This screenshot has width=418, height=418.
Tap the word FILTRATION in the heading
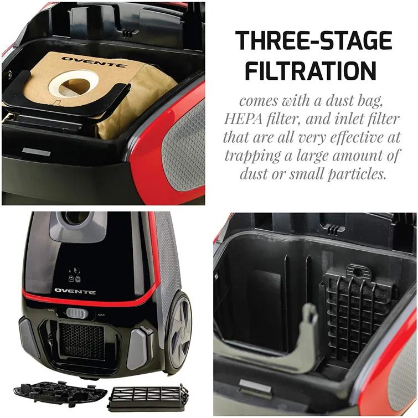point(310,71)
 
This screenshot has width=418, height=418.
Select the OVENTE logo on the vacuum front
point(75,291)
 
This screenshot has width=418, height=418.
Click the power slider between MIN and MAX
point(77,313)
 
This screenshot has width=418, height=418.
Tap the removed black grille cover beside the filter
point(60,392)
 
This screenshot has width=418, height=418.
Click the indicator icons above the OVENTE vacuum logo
point(72,275)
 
